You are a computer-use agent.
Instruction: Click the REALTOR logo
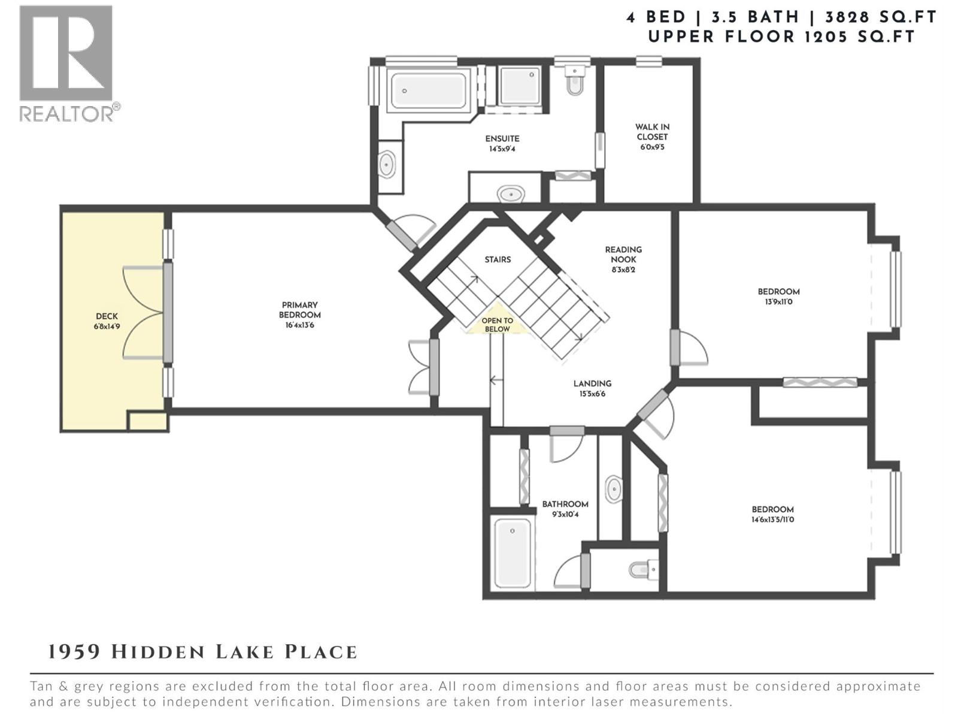(66, 62)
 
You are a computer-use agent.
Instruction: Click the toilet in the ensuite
(574, 81)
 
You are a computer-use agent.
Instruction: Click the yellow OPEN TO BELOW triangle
(497, 325)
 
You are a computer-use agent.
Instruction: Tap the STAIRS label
(498, 259)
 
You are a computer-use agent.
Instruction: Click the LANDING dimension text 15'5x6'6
(592, 394)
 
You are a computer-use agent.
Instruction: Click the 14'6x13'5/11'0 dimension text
(772, 519)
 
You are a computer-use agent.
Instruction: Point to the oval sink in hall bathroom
(614, 490)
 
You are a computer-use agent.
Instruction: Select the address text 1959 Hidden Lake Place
(202, 652)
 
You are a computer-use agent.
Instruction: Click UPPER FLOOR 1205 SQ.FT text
(781, 37)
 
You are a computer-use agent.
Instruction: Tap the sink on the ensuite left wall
(387, 164)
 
